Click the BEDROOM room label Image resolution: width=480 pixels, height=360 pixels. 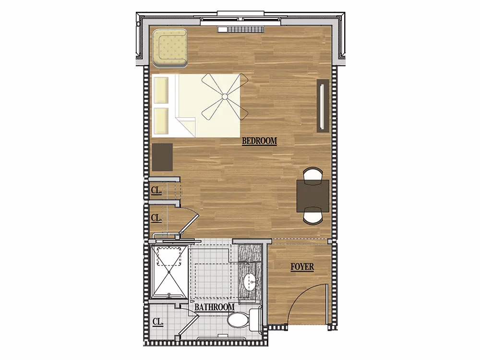click(x=259, y=141)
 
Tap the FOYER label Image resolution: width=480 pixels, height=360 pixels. click(x=302, y=266)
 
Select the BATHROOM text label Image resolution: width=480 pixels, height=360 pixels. click(x=215, y=307)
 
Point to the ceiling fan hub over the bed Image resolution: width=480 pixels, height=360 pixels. click(x=224, y=97)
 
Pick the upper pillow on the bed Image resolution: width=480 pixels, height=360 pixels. click(x=161, y=90)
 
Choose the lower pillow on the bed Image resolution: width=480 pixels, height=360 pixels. click(x=161, y=121)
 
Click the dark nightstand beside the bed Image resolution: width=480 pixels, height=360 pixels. click(x=163, y=157)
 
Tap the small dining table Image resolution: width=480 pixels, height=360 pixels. click(x=313, y=196)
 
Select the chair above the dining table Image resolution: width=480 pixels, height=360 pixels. click(x=313, y=175)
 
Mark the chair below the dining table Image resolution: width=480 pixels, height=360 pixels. click(x=313, y=216)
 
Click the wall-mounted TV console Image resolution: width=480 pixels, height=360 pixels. click(x=323, y=106)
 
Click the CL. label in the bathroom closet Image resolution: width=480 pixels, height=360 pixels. click(x=157, y=322)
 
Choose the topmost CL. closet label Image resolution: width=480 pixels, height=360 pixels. click(x=156, y=190)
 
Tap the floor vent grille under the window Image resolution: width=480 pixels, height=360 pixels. click(x=241, y=29)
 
